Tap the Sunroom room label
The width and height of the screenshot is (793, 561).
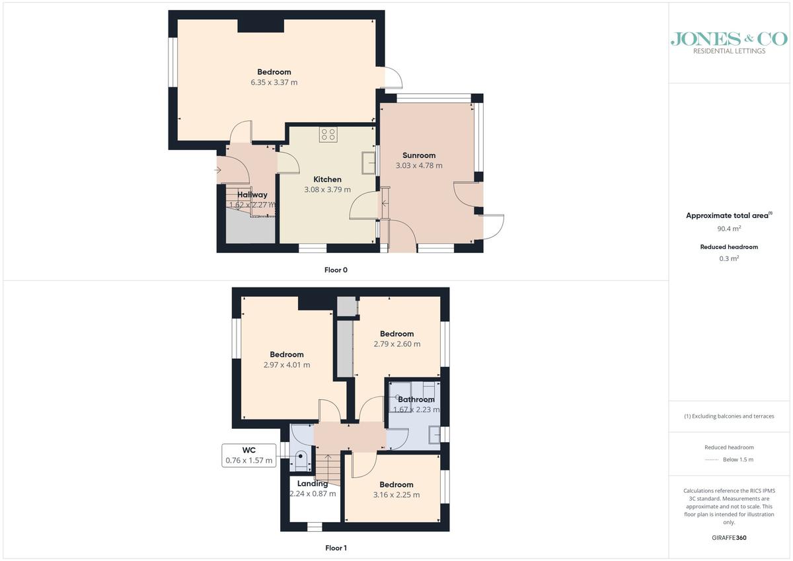(x=419, y=155)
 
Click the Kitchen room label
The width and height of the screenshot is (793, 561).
(x=327, y=179)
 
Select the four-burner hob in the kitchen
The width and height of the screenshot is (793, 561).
(x=328, y=135)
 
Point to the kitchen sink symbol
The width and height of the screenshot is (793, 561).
(x=368, y=163)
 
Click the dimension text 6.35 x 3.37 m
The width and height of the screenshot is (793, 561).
(x=274, y=83)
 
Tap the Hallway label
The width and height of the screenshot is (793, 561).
(x=252, y=194)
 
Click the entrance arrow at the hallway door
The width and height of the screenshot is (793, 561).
(x=217, y=170)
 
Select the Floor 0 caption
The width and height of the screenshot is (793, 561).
(x=336, y=270)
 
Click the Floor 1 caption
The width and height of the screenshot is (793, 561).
(x=336, y=548)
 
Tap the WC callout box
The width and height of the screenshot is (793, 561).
(x=249, y=455)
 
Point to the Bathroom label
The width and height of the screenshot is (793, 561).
(x=416, y=399)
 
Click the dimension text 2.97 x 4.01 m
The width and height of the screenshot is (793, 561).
(x=287, y=365)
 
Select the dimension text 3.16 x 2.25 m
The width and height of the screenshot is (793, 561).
(x=396, y=495)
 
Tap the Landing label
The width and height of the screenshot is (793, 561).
(x=312, y=484)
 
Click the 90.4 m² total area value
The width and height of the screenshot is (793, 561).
(x=729, y=229)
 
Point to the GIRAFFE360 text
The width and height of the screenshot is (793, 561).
(x=729, y=538)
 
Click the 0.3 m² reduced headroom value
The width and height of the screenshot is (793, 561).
(x=729, y=258)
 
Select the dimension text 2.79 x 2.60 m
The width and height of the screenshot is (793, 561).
(x=397, y=344)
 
